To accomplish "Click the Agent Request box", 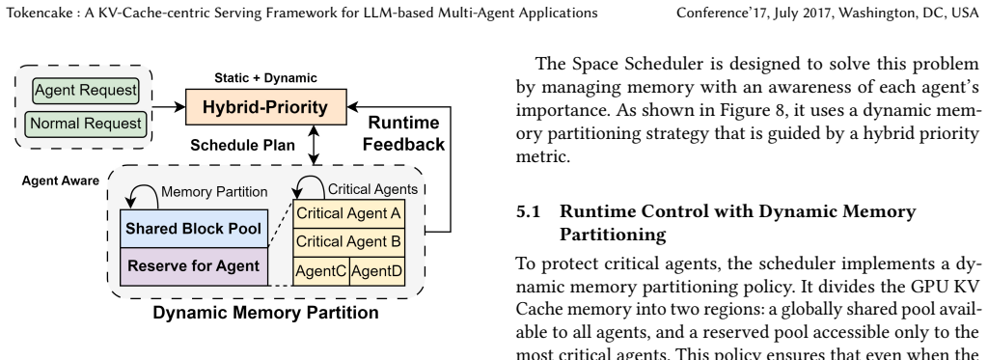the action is coord(85,91).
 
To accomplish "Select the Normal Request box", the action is coord(85,124).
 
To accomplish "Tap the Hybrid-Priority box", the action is coord(266,107).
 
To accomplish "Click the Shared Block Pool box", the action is coord(194,229).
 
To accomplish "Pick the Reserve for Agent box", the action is coord(194,266).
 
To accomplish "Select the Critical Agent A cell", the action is coord(348,213).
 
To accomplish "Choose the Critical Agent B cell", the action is coord(348,242).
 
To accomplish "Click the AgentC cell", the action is coord(321,272).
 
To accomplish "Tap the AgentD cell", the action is coord(377,272).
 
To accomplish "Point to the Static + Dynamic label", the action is coord(265,78).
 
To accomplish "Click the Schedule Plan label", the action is coord(242,146).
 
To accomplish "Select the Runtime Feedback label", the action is coord(403,133).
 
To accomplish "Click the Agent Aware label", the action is coord(61,180).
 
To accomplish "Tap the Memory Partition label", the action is coord(214,192).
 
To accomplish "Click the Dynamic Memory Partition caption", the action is coord(265,313).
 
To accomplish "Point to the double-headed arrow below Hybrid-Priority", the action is coord(314,145).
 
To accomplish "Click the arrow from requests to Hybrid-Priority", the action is coord(169,107).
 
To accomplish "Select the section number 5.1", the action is coord(529,211).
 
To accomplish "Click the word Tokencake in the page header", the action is coord(40,13).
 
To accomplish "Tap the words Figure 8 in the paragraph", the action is coord(752,110).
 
